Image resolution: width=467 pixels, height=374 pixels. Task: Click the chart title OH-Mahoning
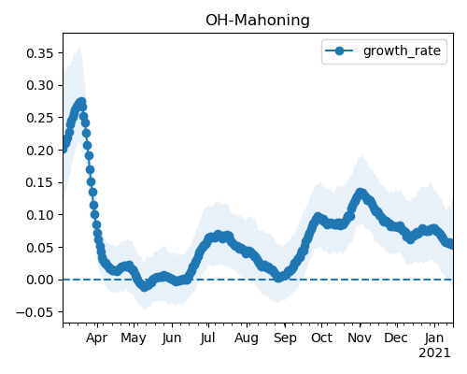(x=258, y=21)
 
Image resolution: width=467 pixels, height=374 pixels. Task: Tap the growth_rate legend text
(x=402, y=50)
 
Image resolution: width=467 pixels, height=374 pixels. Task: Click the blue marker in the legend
(x=339, y=50)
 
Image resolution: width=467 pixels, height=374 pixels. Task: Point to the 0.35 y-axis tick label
(x=40, y=53)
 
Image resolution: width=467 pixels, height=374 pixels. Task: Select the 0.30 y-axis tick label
(x=40, y=85)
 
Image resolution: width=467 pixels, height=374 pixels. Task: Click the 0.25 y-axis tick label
(x=40, y=118)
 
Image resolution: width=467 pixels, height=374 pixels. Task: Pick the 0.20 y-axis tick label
(x=40, y=151)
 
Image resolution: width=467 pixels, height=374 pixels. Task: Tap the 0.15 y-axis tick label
(x=40, y=182)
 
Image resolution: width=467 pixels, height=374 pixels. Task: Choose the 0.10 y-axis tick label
(x=40, y=215)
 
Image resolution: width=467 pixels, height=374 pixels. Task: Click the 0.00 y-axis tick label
(x=40, y=280)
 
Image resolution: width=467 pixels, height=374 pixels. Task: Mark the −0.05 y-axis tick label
(x=35, y=312)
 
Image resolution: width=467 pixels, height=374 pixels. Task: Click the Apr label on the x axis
(x=97, y=338)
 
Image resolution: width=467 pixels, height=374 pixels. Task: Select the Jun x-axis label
(x=172, y=338)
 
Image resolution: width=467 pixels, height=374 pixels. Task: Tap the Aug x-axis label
(x=247, y=338)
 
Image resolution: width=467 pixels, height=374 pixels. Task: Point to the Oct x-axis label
(x=321, y=338)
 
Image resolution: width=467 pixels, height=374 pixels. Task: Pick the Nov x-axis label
(x=360, y=338)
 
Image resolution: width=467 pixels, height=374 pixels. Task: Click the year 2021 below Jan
(x=434, y=353)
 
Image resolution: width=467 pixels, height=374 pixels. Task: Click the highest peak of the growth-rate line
(x=82, y=102)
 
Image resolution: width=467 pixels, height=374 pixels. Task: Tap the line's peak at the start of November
(x=361, y=193)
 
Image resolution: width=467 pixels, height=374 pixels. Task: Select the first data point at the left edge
(x=64, y=150)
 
